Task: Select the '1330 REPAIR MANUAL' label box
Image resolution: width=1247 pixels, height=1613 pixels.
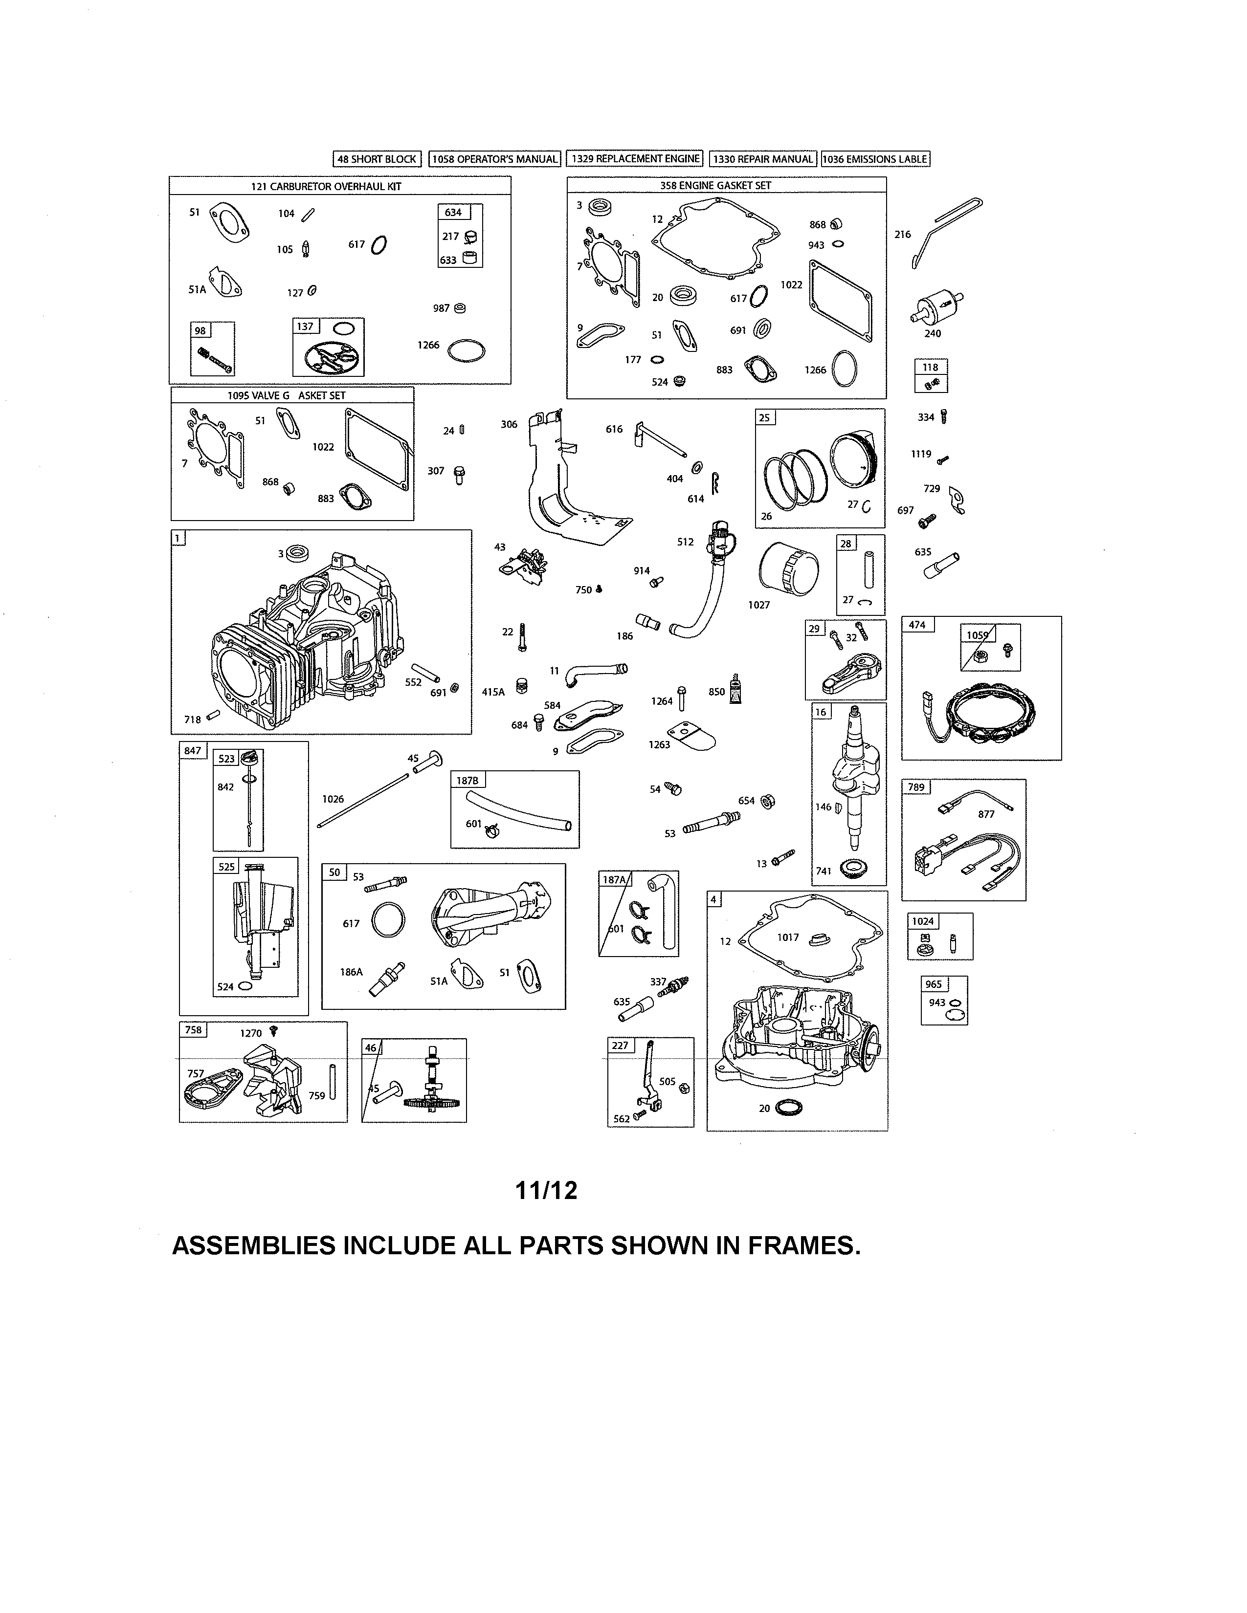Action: click(x=763, y=159)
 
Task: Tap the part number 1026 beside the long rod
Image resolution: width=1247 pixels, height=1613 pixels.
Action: click(x=333, y=799)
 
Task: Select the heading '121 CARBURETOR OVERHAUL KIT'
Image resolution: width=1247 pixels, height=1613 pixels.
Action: click(x=326, y=186)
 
